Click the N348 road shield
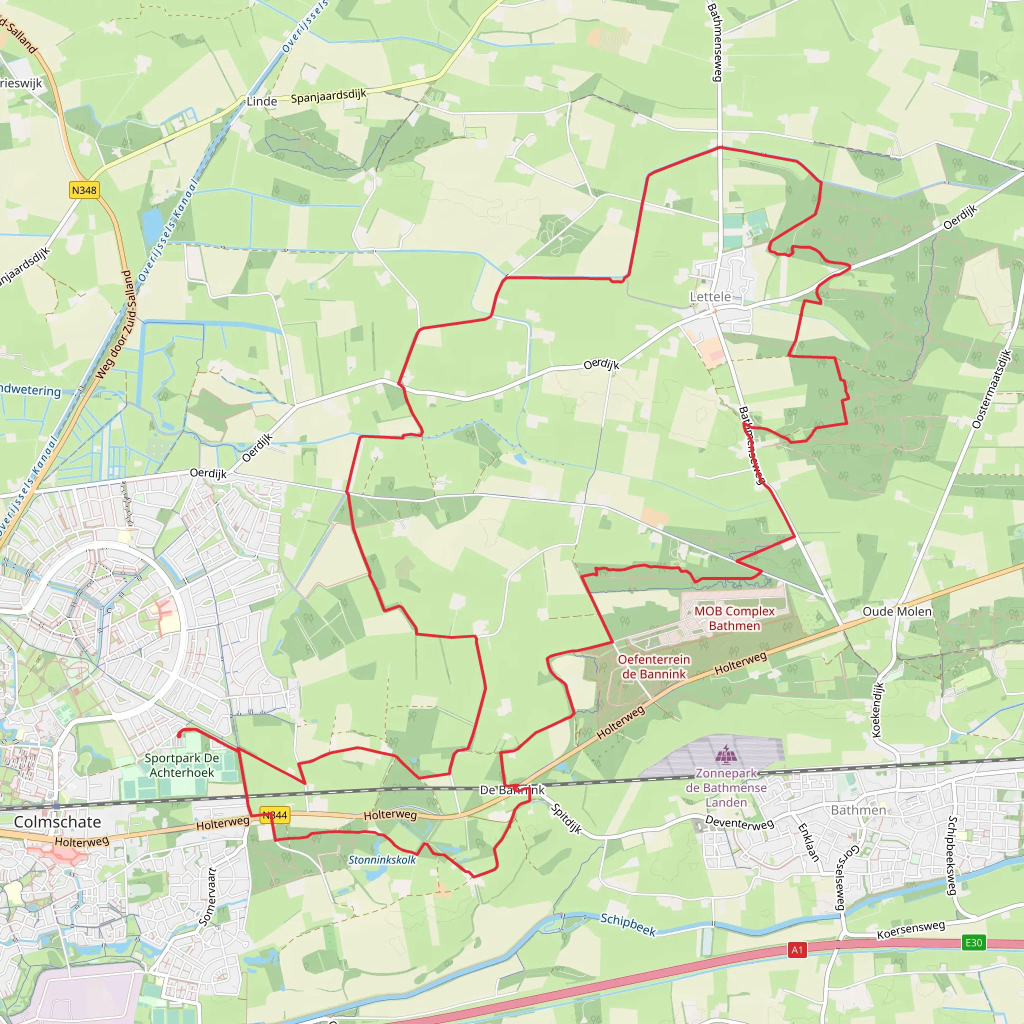coord(84,189)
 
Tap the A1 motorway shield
coord(797,950)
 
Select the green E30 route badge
coord(973,942)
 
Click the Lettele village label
coord(709,297)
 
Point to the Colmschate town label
coord(57,821)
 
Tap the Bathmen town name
coord(858,810)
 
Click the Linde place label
coord(262,101)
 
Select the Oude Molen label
coord(897,611)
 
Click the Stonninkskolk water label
coord(381,859)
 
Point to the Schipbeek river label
coord(628,924)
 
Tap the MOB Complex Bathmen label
coord(734,618)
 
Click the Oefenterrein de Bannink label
coord(653,666)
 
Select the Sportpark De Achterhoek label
coord(182,765)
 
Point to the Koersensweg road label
coord(910,930)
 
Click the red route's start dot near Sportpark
coord(179,734)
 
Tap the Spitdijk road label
coord(566,818)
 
